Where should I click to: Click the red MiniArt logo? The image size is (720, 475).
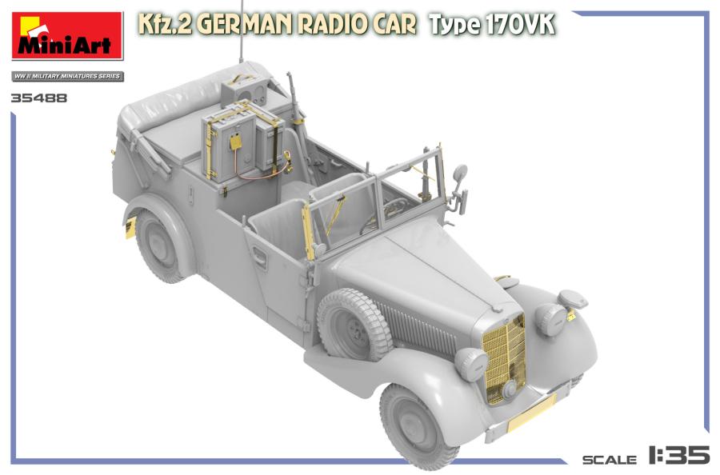(67, 36)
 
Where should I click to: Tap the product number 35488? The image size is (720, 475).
(39, 99)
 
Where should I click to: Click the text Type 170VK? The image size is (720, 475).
(491, 25)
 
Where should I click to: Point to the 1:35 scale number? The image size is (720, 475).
(678, 456)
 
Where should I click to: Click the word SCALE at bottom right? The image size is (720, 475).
(609, 459)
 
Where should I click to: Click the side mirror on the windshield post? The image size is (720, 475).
(460, 174)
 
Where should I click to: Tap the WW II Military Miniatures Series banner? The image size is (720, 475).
(67, 76)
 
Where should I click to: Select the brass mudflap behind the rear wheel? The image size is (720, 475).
(129, 229)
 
